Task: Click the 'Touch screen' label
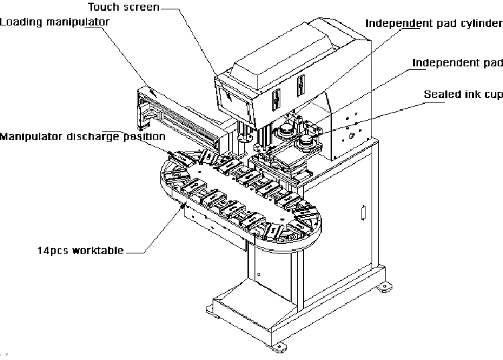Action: [123, 7]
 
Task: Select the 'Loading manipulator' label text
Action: [54, 22]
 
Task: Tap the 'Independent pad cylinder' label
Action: [434, 23]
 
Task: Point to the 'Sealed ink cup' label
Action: [463, 95]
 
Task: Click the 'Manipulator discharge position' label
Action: [82, 137]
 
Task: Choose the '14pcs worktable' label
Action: [80, 250]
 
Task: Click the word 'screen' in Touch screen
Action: [142, 7]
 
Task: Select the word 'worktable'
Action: [98, 250]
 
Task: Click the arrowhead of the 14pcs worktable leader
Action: [183, 206]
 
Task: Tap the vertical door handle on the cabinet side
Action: [363, 213]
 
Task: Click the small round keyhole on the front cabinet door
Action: [259, 274]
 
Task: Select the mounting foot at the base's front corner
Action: [278, 347]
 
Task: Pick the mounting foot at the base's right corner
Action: [384, 286]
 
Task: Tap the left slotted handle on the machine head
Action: [276, 100]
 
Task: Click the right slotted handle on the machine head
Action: [300, 85]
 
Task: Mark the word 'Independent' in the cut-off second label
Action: [438, 63]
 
